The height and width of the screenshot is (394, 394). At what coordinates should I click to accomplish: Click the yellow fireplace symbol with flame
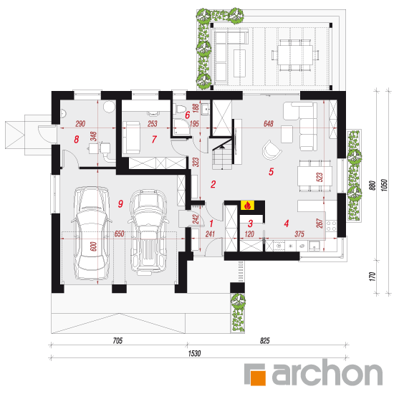[x=247, y=206]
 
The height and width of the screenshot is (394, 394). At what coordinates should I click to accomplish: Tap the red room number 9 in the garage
[x=120, y=203]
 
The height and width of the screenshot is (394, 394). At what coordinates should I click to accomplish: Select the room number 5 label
[x=271, y=172]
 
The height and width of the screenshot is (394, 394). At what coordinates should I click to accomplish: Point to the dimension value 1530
[x=194, y=354]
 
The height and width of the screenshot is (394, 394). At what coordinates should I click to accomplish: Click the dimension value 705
[x=117, y=341]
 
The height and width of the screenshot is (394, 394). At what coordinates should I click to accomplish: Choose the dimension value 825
[x=265, y=341]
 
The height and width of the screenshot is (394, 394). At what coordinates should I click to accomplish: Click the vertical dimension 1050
[x=385, y=186]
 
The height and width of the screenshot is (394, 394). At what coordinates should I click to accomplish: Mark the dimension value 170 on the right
[x=373, y=276]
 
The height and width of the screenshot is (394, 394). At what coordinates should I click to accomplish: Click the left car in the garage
[x=92, y=234]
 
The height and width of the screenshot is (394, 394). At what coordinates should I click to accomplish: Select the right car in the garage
[x=148, y=232]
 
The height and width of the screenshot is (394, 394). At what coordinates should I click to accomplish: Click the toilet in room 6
[x=180, y=109]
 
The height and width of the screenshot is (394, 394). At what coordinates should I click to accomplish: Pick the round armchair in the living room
[x=271, y=150]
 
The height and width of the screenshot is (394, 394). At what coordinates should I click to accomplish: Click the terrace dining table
[x=295, y=55]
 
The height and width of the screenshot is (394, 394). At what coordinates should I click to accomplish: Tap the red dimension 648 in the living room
[x=269, y=124]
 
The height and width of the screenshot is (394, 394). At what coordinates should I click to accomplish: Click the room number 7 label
[x=154, y=139]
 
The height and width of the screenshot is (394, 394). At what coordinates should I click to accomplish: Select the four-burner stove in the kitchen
[x=332, y=225]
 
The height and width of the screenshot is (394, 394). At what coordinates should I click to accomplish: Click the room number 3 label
[x=250, y=224]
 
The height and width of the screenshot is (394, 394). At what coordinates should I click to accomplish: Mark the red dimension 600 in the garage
[x=93, y=246]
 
